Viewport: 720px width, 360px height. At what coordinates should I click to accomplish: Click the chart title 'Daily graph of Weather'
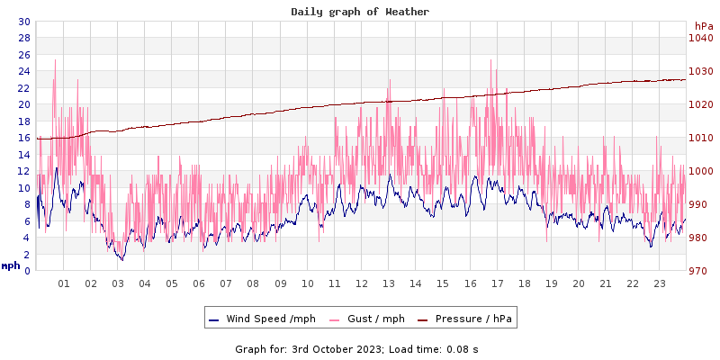click(x=360, y=12)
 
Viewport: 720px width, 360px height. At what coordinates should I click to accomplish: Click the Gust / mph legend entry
click(x=371, y=319)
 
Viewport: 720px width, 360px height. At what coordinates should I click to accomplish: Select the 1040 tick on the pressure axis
click(x=700, y=38)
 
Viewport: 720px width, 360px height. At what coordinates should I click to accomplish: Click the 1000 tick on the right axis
click(x=700, y=171)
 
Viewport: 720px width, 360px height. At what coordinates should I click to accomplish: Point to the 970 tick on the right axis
click(x=700, y=271)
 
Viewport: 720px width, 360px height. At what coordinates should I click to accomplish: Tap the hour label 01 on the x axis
click(x=64, y=283)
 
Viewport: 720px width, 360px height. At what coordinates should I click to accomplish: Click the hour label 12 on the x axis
click(x=362, y=283)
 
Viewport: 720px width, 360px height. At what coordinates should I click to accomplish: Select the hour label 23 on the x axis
click(x=660, y=283)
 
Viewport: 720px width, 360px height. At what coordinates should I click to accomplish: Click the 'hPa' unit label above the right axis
click(x=703, y=26)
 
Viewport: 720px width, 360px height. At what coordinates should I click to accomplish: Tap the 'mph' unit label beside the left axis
click(x=11, y=265)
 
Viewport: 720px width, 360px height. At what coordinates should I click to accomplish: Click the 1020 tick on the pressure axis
click(x=700, y=104)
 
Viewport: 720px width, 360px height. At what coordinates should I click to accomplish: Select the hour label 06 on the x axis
click(x=199, y=283)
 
